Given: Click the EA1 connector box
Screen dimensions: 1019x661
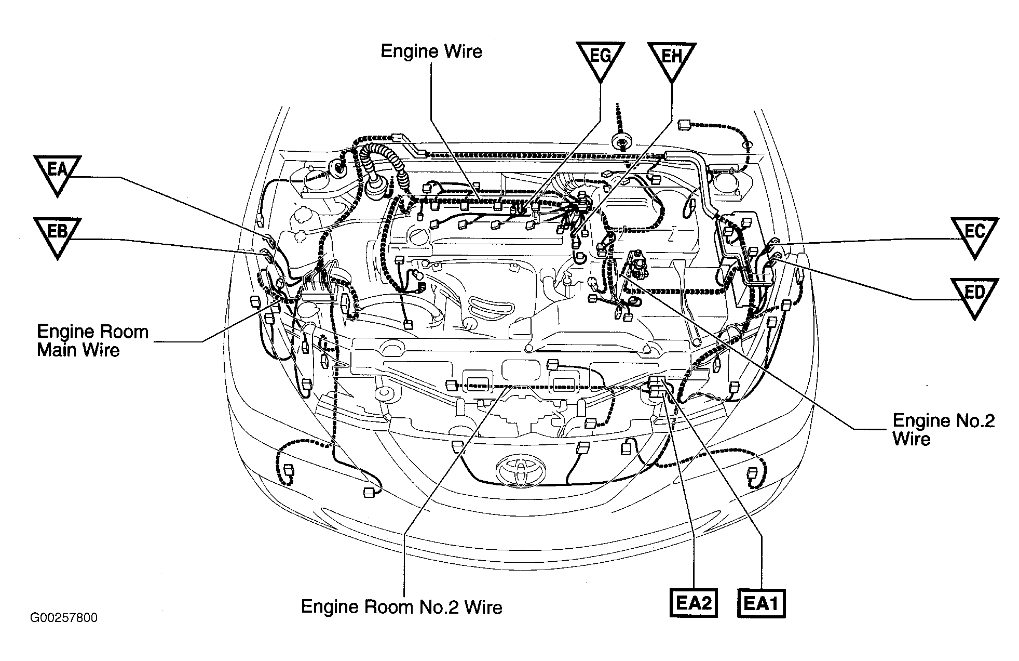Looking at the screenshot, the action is pos(761,603).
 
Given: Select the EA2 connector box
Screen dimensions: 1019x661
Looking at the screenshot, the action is pos(694,603).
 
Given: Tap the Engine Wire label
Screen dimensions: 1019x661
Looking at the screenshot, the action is pos(431,51).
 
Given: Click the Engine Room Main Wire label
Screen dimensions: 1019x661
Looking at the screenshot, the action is pos(93,340).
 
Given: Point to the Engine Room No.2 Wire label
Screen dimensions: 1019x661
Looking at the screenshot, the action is pos(402,607).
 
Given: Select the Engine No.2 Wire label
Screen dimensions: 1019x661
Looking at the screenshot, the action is pos(943,429).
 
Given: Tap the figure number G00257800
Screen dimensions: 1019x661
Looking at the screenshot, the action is pos(64,618).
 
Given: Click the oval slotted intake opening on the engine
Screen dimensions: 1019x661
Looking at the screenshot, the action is pos(489,305).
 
